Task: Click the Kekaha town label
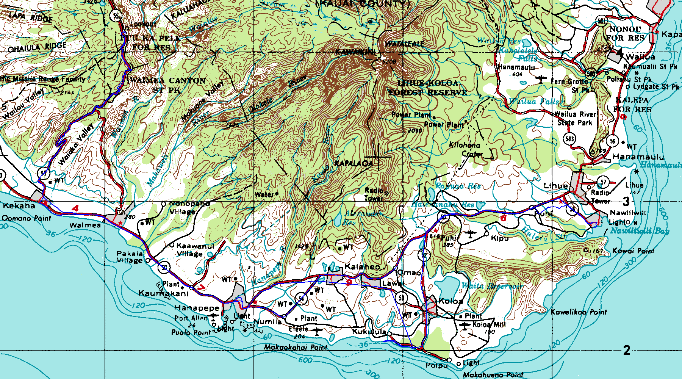tap(19, 206)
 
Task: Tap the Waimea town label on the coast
tap(85, 225)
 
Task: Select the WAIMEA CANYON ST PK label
tap(167, 85)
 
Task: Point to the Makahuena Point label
tap(493, 374)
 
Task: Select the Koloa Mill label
tap(489, 324)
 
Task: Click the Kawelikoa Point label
tap(578, 312)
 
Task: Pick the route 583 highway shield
tap(569, 138)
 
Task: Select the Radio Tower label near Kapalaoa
tap(374, 194)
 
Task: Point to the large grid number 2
tap(626, 350)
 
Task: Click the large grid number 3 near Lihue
tap(626, 201)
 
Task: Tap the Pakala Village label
tap(130, 257)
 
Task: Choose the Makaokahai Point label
tap(296, 347)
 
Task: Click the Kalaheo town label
tap(362, 267)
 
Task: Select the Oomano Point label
tap(27, 218)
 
